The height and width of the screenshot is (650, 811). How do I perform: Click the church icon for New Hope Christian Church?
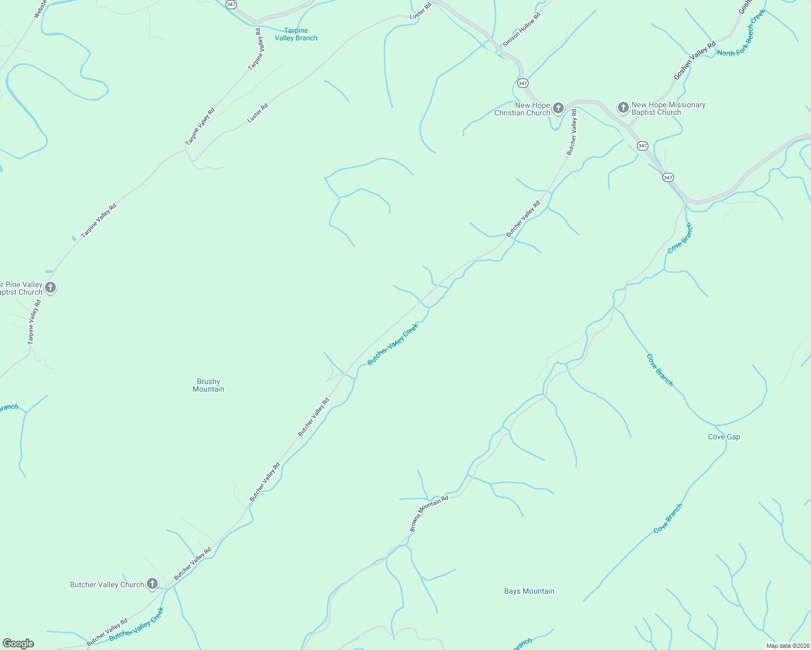click(x=558, y=108)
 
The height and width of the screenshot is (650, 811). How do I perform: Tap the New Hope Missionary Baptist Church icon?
click(x=623, y=108)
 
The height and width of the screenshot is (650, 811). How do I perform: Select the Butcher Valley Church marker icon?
click(x=152, y=584)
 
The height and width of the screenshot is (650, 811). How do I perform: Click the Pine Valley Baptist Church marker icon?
click(x=50, y=288)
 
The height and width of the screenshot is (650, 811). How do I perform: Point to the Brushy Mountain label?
click(x=208, y=385)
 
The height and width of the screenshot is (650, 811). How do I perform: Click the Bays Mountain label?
click(x=529, y=591)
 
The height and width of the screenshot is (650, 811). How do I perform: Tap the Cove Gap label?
click(x=724, y=437)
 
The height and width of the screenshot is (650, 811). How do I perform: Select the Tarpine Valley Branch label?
click(x=296, y=34)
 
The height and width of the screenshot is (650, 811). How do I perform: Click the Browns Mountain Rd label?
click(x=429, y=513)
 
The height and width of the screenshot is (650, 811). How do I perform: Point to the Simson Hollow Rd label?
click(x=522, y=30)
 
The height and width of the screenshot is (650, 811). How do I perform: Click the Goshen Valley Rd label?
click(x=694, y=61)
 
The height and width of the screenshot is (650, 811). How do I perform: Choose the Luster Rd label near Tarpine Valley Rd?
click(x=258, y=113)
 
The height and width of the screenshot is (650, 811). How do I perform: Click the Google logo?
click(x=18, y=643)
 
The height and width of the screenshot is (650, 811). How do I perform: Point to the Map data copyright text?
click(x=787, y=646)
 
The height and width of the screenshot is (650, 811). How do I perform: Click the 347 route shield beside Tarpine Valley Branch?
click(x=231, y=4)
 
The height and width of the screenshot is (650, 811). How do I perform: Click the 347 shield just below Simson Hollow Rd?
click(x=523, y=83)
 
